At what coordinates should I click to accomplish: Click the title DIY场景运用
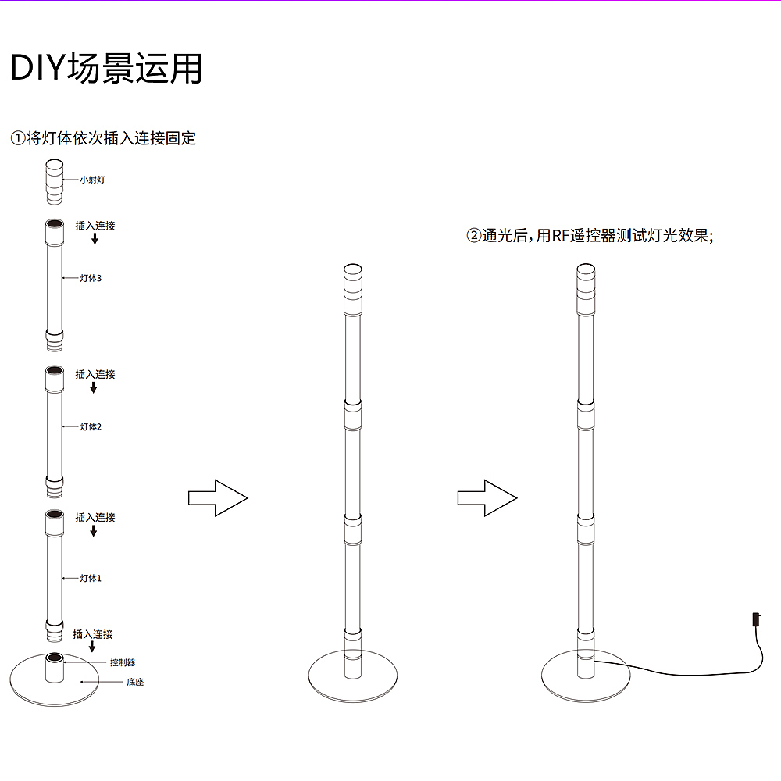coord(106,68)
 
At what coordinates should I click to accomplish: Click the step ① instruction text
coord(103,138)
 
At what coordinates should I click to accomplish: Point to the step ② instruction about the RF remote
coord(590,235)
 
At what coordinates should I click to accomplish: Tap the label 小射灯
coord(93,180)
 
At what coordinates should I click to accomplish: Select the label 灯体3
coord(91,278)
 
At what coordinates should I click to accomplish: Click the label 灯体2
coord(91,426)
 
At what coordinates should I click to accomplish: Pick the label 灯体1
coord(91,578)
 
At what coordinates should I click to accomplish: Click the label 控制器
coord(123,662)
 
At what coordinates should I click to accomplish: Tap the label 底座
coord(135,682)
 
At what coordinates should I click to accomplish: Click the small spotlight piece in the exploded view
coord(55,182)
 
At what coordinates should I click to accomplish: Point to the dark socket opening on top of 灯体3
coord(55,223)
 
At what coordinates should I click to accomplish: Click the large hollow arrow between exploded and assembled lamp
coord(218,498)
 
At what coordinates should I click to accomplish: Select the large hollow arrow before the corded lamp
coord(487,498)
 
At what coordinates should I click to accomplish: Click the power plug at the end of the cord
coord(756,619)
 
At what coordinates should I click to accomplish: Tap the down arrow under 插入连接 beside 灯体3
coord(95,239)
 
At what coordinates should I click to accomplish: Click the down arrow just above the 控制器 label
coord(92,647)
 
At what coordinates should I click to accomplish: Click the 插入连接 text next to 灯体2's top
coord(95,374)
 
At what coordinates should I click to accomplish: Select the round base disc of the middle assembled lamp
coord(353,676)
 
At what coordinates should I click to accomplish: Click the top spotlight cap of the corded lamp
coord(586,290)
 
